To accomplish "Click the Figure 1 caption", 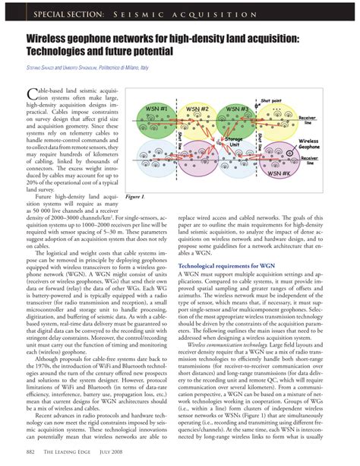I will pos(137,196).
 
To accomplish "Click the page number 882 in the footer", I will pos(31,454).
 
